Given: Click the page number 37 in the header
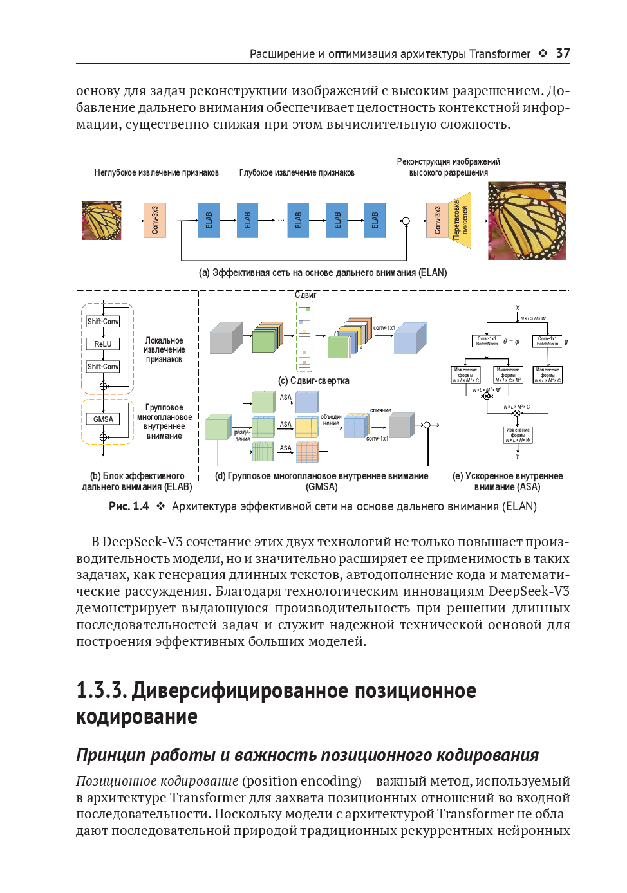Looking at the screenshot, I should [563, 53].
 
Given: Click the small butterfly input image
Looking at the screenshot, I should [101, 221].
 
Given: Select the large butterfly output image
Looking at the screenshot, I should [527, 221].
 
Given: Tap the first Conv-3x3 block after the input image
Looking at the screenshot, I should [154, 221].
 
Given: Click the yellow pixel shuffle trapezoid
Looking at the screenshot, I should [460, 221].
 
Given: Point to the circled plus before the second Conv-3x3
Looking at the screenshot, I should [406, 221].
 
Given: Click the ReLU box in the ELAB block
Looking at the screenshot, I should [103, 344].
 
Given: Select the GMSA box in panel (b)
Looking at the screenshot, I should [103, 419].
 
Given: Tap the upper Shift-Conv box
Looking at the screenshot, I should [103, 322].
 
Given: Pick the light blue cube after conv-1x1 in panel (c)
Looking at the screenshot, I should [409, 338].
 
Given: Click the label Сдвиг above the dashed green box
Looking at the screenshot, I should [305, 295].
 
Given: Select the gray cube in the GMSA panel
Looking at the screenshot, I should [402, 426].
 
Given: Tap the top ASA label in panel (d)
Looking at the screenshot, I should [285, 398].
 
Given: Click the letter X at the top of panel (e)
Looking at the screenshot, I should [517, 308].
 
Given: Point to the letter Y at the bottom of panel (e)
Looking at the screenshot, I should [518, 456].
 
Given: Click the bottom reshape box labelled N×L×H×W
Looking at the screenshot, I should [518, 436].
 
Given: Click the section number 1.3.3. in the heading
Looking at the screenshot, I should [101, 690].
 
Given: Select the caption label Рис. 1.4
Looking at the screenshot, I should [129, 506].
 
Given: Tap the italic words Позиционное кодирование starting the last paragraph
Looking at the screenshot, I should [157, 781].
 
